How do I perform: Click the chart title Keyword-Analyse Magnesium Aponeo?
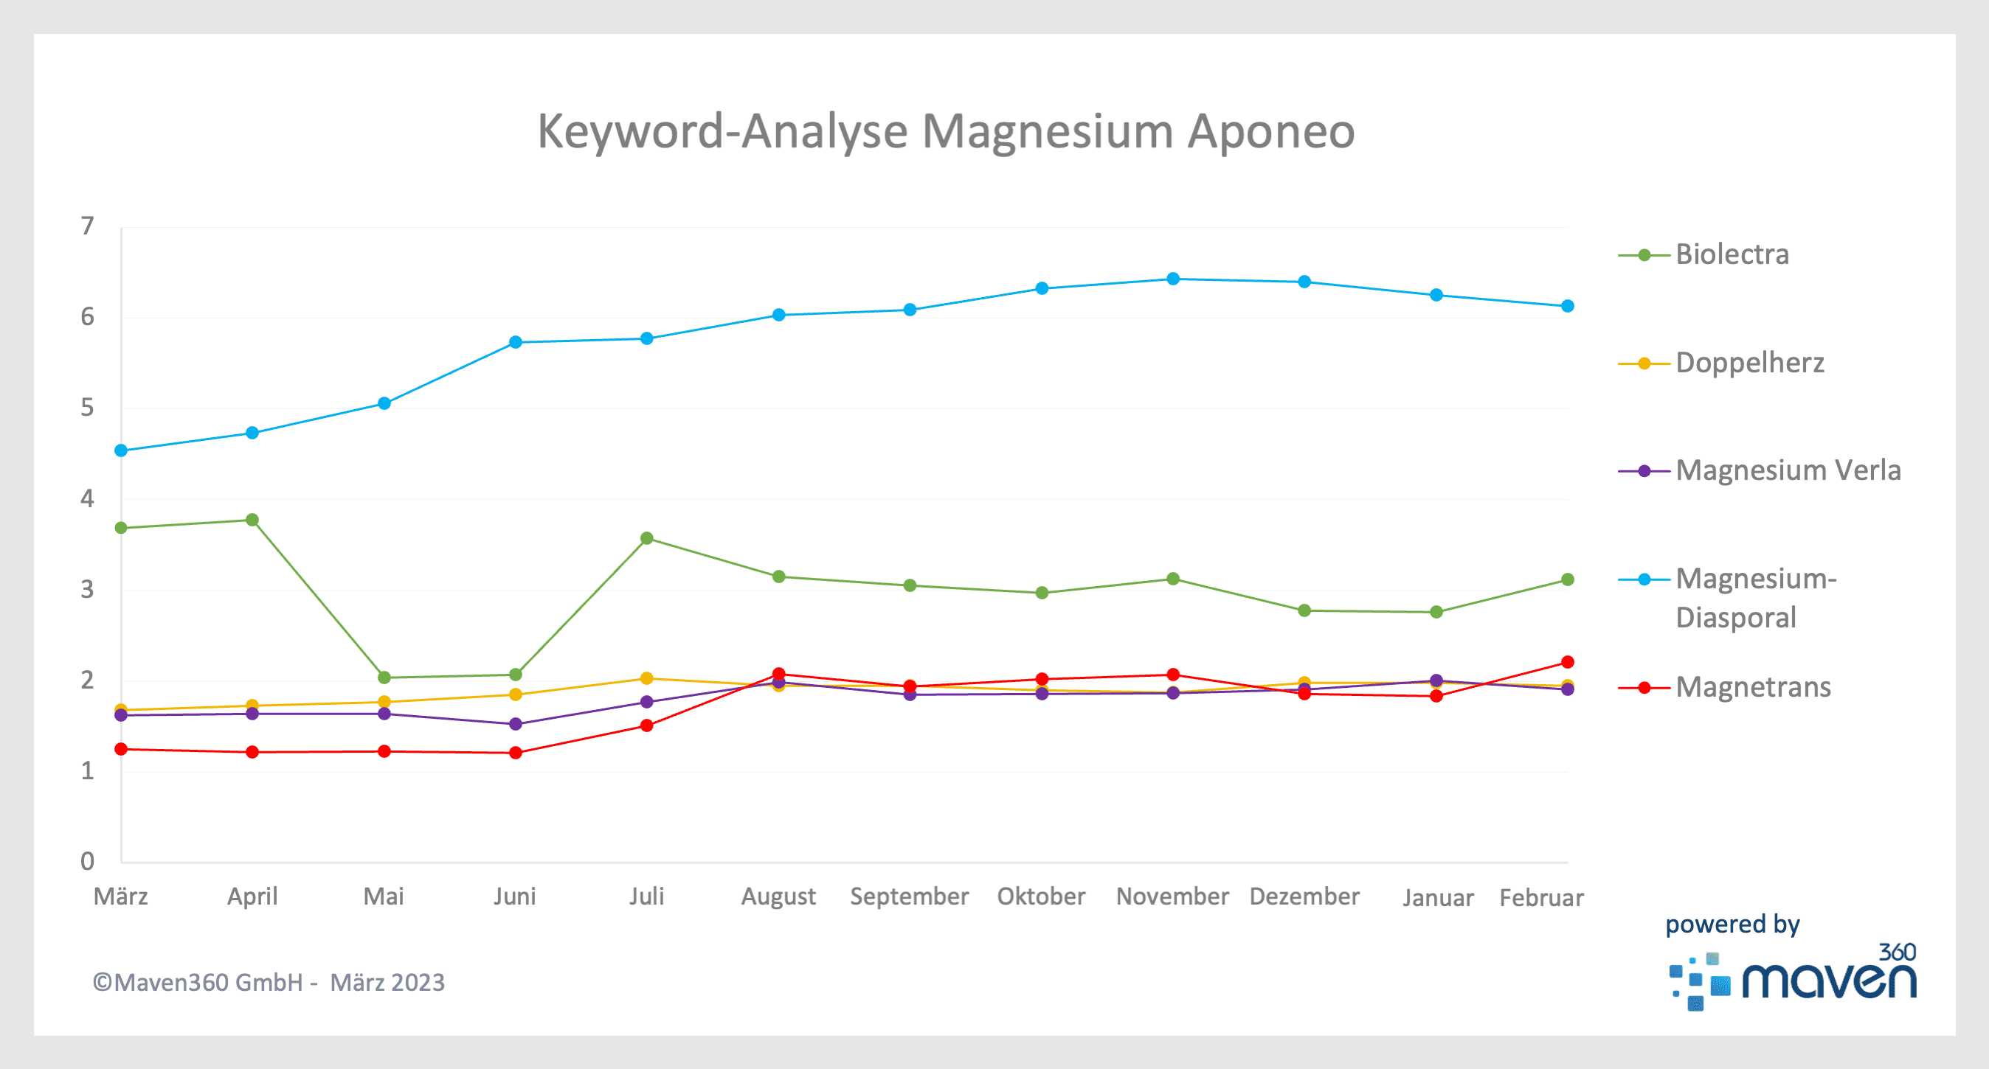tap(946, 131)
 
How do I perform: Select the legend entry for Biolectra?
tap(1731, 254)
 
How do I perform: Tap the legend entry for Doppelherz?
tap(1749, 363)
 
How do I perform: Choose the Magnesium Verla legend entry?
tap(1788, 470)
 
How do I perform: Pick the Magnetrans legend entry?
tap(1753, 687)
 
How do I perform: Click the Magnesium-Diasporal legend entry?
tap(1755, 597)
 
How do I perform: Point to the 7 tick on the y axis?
tap(87, 226)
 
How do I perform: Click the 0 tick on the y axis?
tap(87, 860)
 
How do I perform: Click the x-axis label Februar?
tap(1541, 898)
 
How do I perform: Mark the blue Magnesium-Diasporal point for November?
tap(1173, 279)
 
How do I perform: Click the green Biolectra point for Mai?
tap(384, 678)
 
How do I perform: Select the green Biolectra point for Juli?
tap(647, 538)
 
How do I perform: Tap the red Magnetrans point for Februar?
tap(1568, 662)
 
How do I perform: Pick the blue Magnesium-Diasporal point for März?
tap(120, 450)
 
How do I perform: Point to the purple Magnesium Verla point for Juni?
tap(516, 724)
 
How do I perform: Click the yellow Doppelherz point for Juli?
tap(647, 678)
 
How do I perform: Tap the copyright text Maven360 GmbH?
tap(268, 983)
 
